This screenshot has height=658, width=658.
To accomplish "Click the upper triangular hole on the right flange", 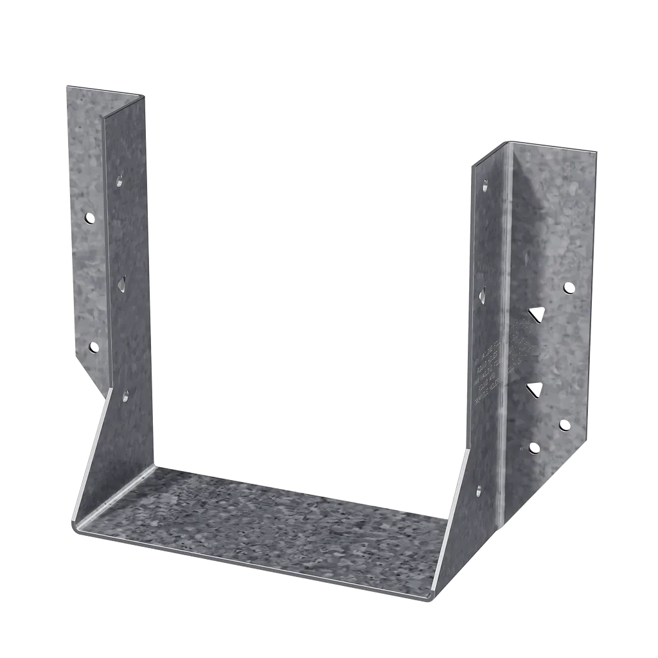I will (536, 314).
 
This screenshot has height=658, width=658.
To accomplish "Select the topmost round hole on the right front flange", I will (568, 287).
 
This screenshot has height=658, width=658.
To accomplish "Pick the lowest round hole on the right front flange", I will (533, 448).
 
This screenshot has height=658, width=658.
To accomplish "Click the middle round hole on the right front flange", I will (564, 424).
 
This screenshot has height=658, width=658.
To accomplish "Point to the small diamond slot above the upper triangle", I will (527, 258).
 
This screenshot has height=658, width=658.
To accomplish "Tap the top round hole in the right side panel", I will (484, 186).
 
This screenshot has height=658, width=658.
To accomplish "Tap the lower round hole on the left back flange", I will (94, 347).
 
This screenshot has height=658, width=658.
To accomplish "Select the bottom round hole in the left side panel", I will (125, 395).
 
